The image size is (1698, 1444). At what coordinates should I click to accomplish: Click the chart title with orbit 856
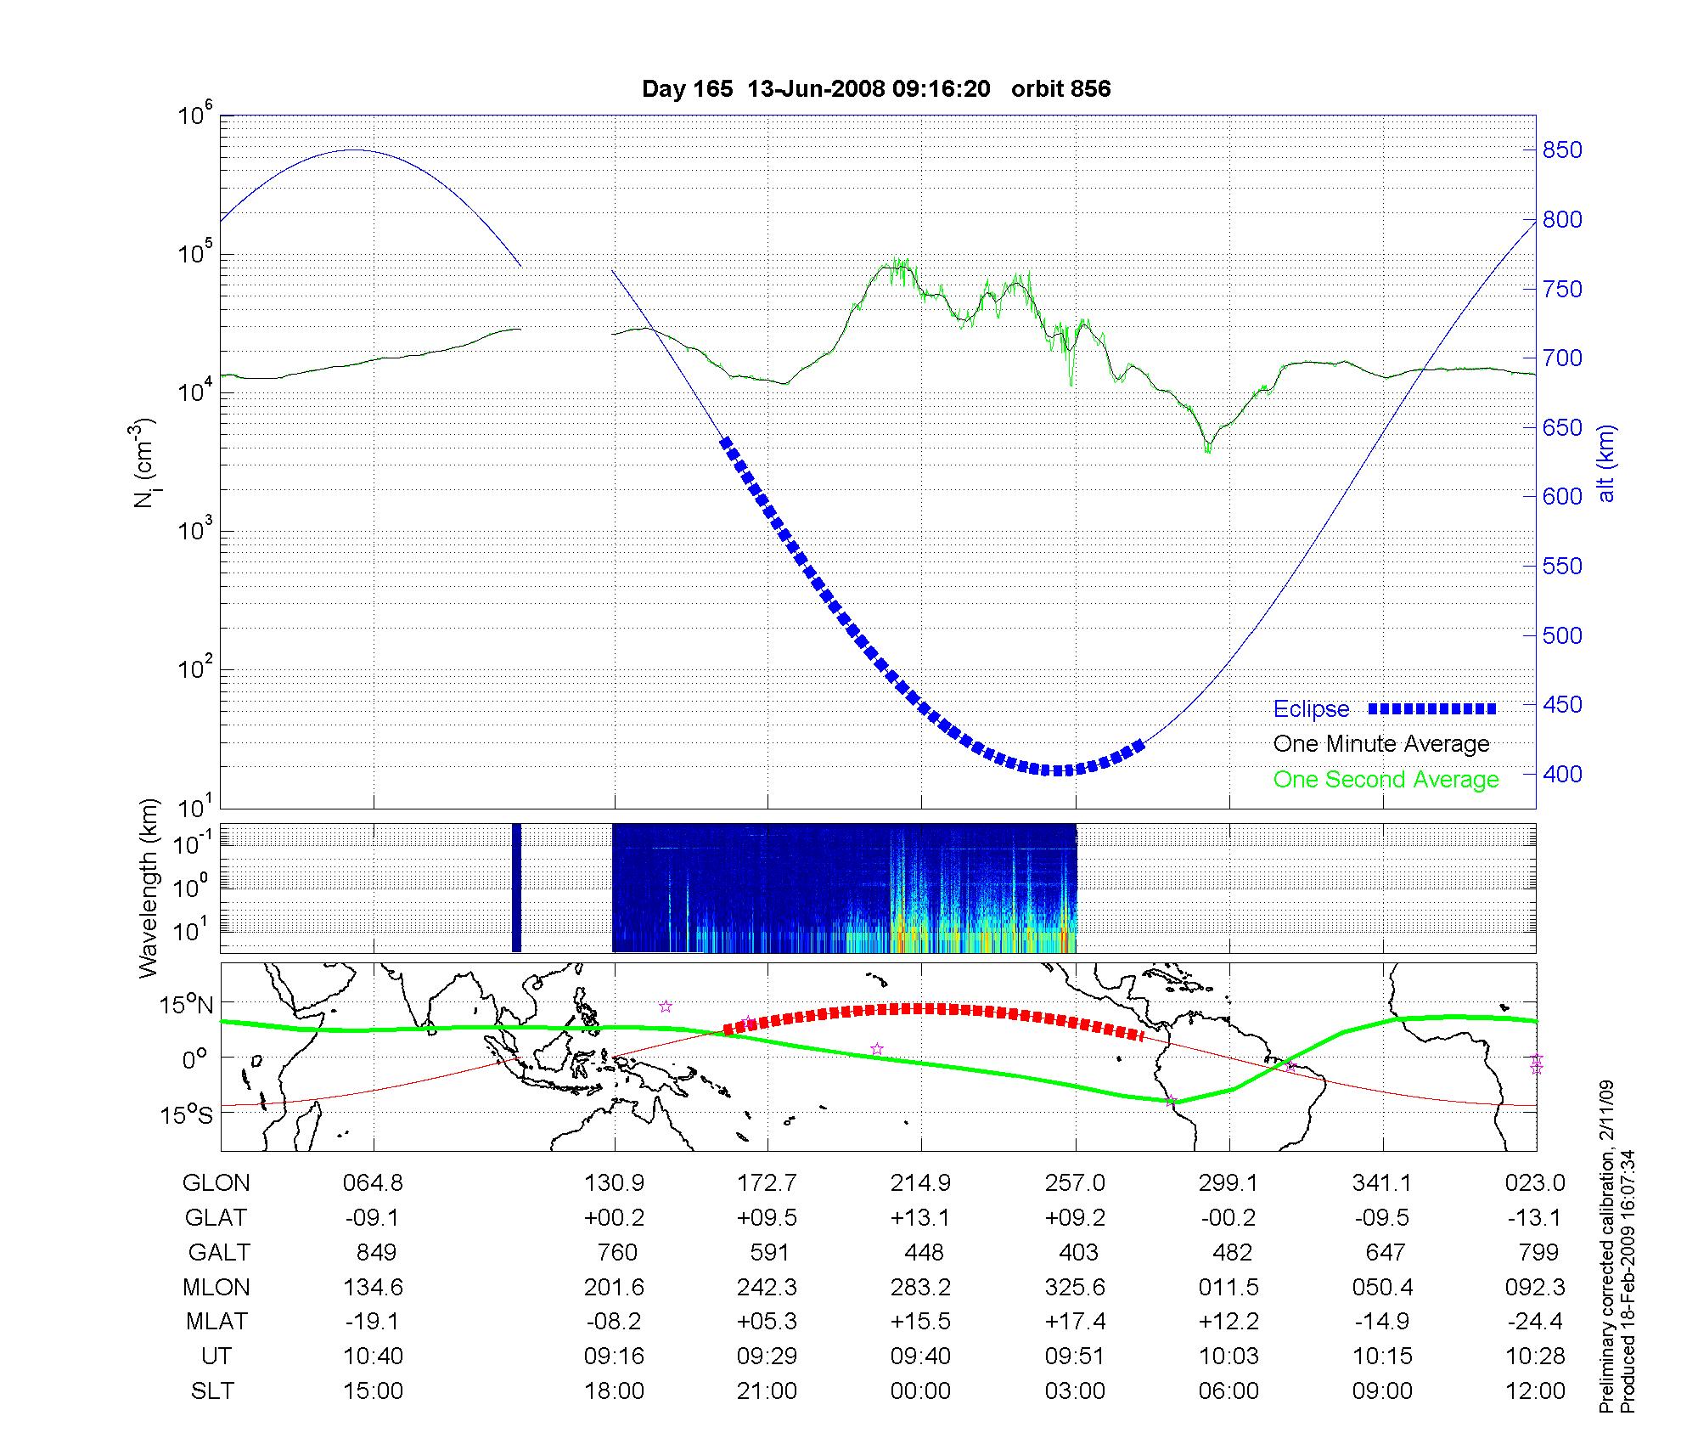[875, 89]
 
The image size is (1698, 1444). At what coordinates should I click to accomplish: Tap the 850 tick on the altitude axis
[1562, 150]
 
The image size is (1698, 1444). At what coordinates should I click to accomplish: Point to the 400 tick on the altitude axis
[1562, 774]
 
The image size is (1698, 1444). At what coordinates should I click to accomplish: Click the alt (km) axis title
[1606, 464]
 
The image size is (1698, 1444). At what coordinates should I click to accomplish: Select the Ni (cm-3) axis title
[144, 464]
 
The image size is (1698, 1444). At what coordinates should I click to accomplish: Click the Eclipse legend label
[1311, 709]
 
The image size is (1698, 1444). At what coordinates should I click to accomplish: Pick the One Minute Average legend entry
[1381, 744]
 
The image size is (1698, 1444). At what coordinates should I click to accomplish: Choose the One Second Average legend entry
[1386, 780]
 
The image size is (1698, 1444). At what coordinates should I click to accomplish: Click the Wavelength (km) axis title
[149, 888]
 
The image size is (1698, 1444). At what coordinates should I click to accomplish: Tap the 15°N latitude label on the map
[186, 1006]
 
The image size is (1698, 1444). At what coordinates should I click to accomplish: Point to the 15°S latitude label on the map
[186, 1114]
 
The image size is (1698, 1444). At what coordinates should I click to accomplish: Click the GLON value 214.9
[920, 1182]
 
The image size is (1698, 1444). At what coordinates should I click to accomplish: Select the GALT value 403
[1078, 1252]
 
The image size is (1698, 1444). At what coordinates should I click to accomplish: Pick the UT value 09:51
[1075, 1357]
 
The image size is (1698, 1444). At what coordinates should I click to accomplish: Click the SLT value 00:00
[920, 1391]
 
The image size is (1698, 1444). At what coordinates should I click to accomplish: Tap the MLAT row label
[216, 1322]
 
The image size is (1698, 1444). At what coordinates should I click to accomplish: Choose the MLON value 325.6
[1075, 1287]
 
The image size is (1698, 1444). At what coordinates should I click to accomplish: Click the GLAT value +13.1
[920, 1217]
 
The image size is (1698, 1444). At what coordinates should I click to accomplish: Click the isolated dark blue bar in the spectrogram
[516, 888]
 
